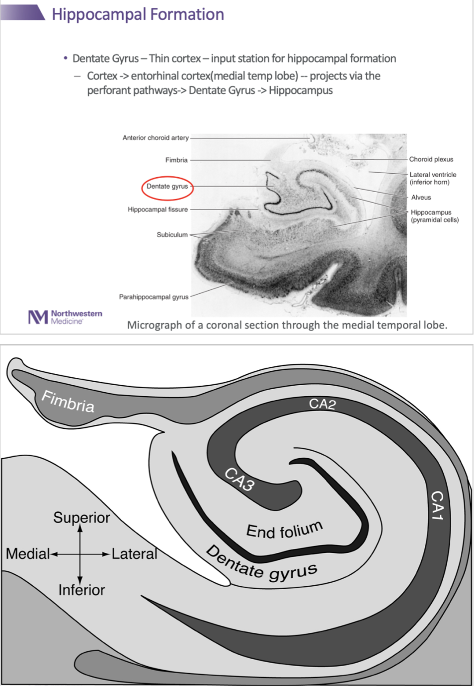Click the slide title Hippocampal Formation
click(138, 14)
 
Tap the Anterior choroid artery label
click(156, 138)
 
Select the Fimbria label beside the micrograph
click(176, 160)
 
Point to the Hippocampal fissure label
click(158, 209)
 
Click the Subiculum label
click(172, 235)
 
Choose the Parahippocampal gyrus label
click(154, 297)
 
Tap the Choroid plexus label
click(431, 159)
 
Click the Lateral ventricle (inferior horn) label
click(432, 178)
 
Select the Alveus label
click(421, 198)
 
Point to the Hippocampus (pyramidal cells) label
click(434, 216)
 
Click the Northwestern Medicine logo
click(65, 317)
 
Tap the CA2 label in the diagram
click(322, 404)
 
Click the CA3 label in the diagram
click(239, 480)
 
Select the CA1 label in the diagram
click(437, 505)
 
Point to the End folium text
click(284, 530)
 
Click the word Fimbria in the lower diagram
click(68, 401)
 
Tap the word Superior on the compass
click(81, 518)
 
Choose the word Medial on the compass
click(28, 553)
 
